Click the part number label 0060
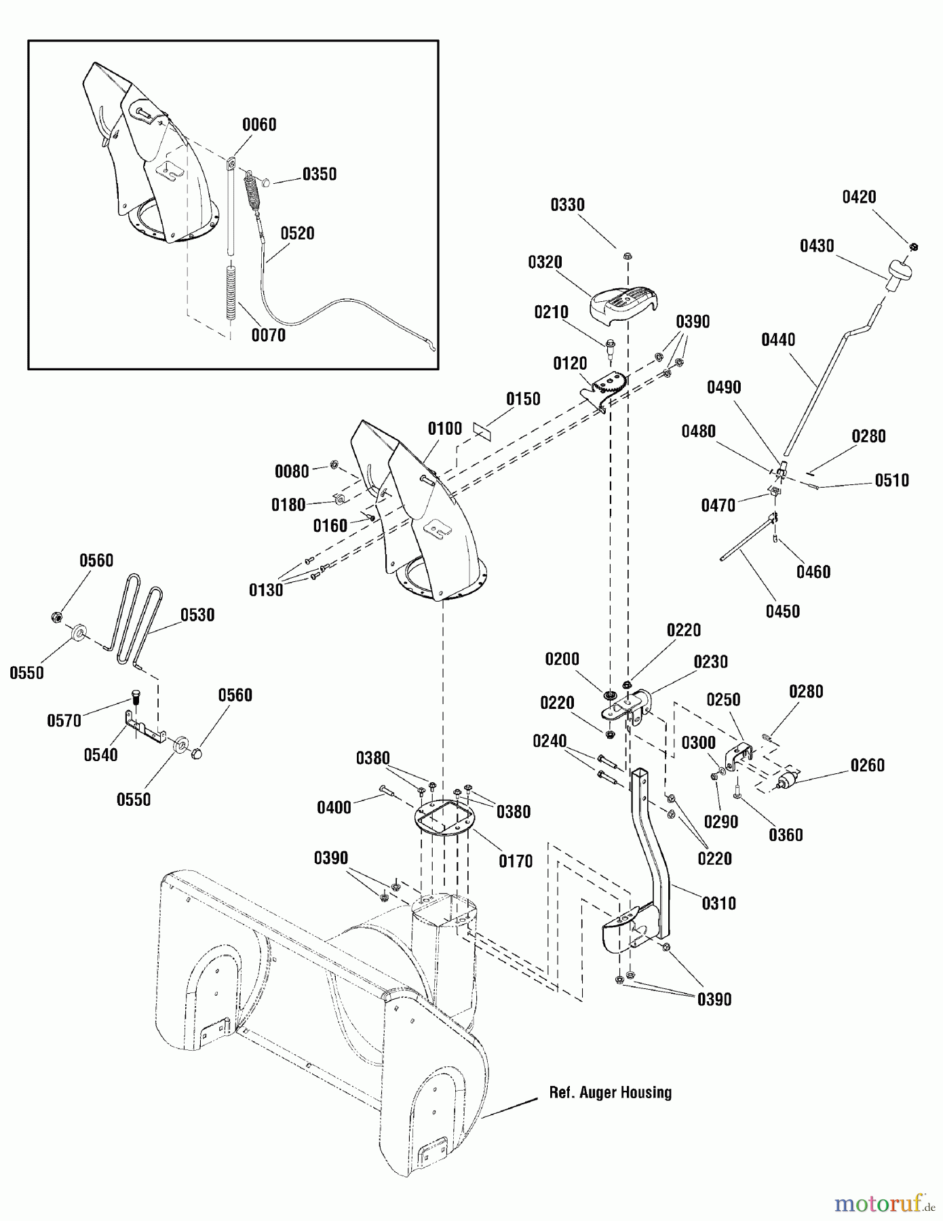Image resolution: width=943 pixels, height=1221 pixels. point(259,125)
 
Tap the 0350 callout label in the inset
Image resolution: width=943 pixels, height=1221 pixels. point(319,174)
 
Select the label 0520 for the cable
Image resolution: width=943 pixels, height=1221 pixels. point(297,233)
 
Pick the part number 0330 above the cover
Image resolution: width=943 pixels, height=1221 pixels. point(567,205)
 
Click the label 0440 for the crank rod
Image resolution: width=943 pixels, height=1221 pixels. point(778,340)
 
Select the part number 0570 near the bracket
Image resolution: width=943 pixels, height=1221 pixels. point(64,720)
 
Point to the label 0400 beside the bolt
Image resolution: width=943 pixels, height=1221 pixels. point(334,807)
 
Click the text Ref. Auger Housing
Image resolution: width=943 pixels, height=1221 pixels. point(610,1092)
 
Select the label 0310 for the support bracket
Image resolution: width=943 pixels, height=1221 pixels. point(718,903)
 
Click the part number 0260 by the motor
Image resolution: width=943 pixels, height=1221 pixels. point(868,765)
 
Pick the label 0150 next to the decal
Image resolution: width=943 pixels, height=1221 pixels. point(523,399)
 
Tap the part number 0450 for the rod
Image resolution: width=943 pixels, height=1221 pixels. point(782,611)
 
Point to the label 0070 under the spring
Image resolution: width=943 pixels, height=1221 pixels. point(268,335)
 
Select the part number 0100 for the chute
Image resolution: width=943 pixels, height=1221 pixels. point(444,429)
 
